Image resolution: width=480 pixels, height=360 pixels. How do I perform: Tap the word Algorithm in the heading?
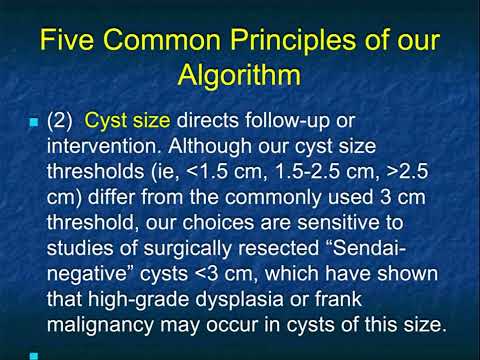pyautogui.click(x=240, y=77)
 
